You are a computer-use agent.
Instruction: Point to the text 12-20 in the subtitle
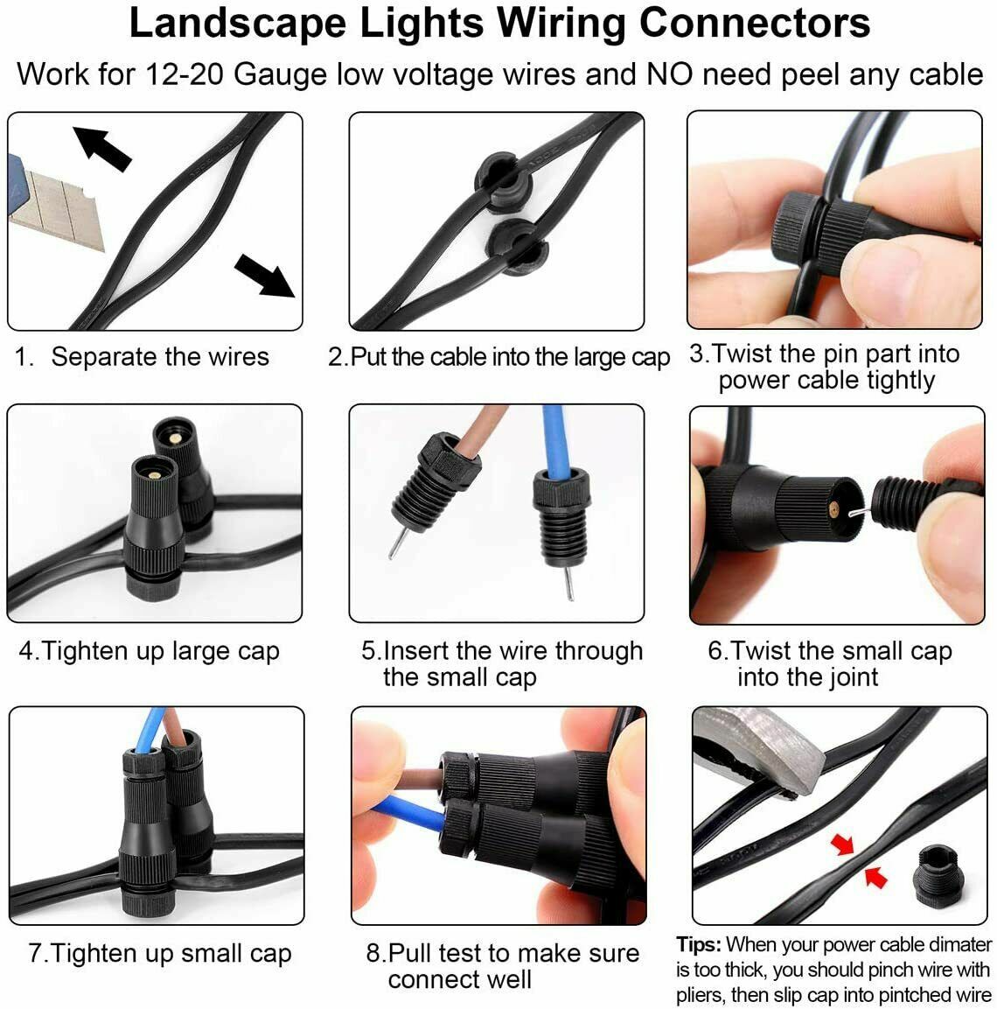pyautogui.click(x=185, y=74)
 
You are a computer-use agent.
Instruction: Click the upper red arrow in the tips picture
pyautogui.click(x=843, y=845)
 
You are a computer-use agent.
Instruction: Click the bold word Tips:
pyautogui.click(x=699, y=945)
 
